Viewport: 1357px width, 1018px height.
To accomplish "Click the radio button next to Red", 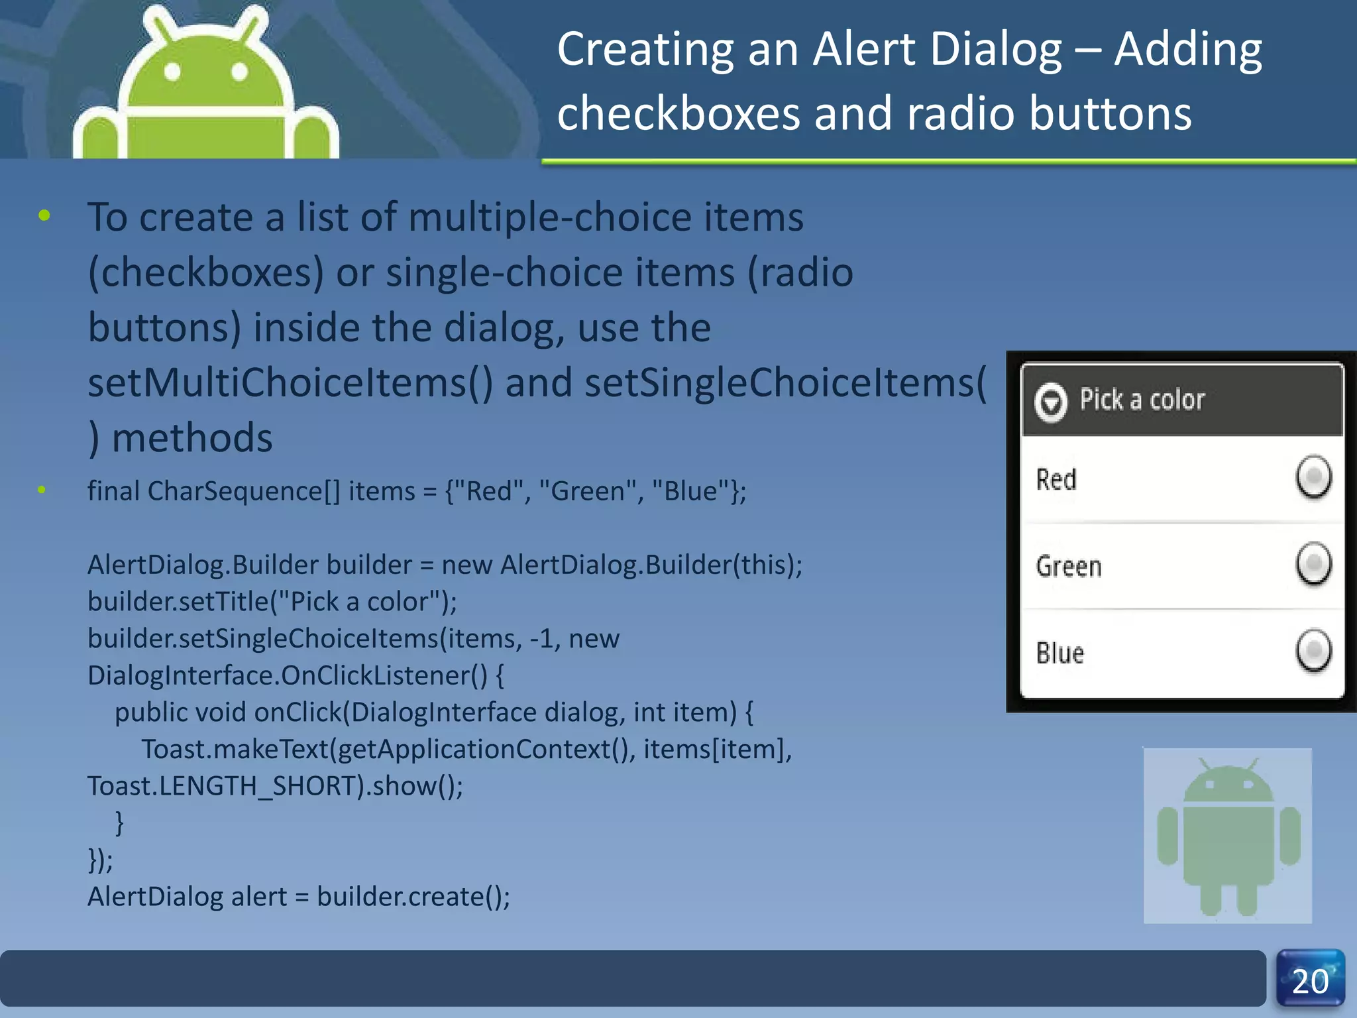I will (1313, 477).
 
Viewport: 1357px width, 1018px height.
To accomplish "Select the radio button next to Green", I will (1313, 564).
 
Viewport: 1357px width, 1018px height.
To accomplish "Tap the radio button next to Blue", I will (1313, 651).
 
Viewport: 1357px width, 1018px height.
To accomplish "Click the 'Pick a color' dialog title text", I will (1142, 400).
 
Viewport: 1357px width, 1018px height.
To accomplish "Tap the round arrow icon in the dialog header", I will (1051, 402).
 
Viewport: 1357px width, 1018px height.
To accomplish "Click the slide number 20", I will (1310, 981).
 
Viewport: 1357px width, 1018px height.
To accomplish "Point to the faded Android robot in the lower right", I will (1228, 836).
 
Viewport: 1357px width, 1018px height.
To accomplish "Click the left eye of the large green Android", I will (173, 72).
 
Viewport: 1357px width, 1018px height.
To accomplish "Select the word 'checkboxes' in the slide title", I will (678, 113).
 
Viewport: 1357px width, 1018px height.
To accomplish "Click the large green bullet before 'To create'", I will (44, 215).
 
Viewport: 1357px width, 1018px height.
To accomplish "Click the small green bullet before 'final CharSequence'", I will (42, 490).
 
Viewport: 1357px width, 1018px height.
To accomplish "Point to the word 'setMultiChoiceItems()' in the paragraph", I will (290, 383).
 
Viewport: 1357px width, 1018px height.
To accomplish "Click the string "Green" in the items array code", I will (582, 491).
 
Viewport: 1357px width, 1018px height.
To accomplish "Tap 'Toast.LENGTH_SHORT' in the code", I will (226, 786).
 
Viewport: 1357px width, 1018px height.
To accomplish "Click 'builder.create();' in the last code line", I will (413, 897).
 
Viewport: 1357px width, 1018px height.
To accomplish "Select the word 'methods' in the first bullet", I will (192, 438).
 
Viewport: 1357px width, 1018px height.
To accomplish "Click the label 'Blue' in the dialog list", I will (1059, 653).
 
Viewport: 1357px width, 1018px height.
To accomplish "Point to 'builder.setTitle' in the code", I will (179, 602).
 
